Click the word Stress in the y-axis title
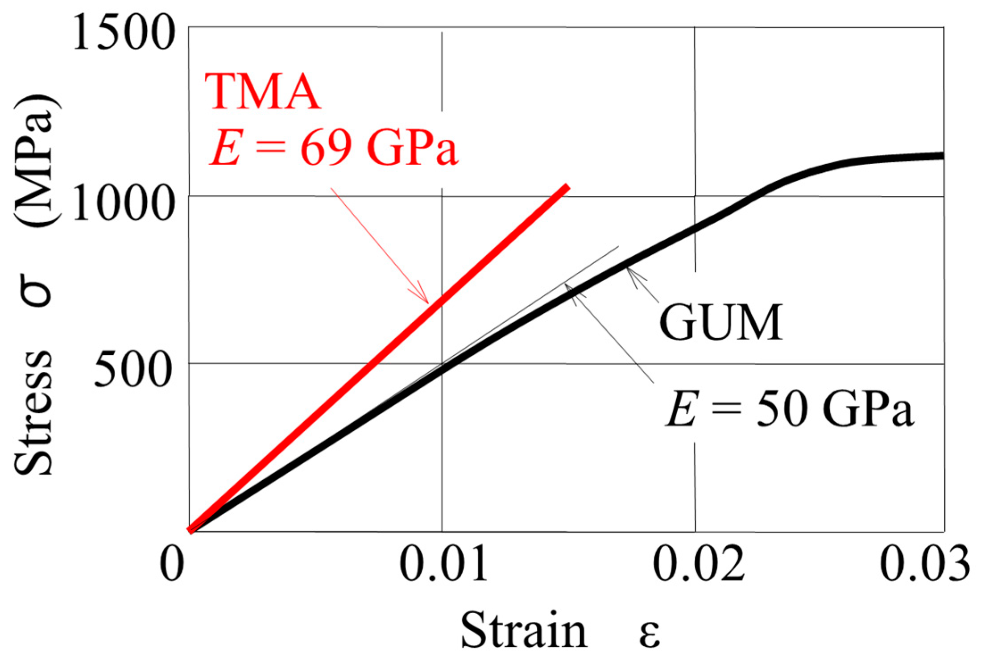tap(33, 413)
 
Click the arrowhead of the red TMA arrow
tap(426, 301)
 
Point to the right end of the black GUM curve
tap(941, 156)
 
